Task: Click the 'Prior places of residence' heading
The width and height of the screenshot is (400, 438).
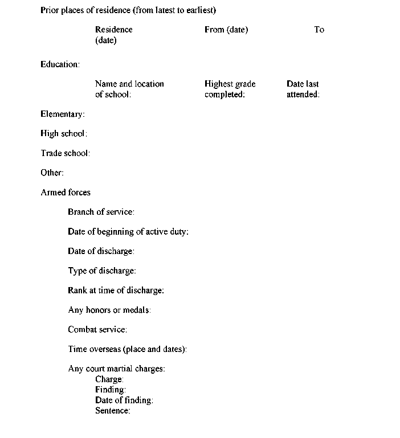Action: click(x=128, y=10)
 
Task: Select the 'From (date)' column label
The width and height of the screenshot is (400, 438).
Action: click(x=226, y=30)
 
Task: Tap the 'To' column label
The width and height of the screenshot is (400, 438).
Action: click(x=319, y=30)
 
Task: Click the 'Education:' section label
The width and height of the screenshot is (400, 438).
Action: click(x=60, y=64)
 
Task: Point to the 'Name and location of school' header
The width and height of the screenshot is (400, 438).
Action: click(x=129, y=89)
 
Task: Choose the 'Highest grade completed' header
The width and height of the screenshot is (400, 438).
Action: click(x=230, y=89)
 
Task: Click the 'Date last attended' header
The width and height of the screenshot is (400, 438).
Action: click(x=303, y=89)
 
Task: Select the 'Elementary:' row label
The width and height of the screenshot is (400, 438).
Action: click(x=63, y=114)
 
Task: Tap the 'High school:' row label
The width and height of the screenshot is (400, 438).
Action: click(x=64, y=134)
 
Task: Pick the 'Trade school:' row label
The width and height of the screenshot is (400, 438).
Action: click(x=66, y=153)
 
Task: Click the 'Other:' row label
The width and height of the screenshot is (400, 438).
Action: click(x=52, y=173)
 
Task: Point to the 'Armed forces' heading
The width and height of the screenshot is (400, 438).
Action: click(x=66, y=193)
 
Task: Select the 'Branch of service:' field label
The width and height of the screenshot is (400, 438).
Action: click(x=101, y=212)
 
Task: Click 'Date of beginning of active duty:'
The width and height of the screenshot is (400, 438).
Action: click(x=128, y=232)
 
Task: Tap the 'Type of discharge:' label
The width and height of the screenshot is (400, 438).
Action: click(x=102, y=271)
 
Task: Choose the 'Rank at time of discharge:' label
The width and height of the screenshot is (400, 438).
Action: click(x=116, y=290)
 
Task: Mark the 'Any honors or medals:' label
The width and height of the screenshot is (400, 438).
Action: click(x=109, y=310)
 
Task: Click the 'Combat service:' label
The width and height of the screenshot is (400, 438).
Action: click(x=97, y=329)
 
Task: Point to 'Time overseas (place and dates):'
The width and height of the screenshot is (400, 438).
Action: click(x=127, y=349)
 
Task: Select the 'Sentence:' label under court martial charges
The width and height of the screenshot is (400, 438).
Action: click(x=113, y=411)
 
